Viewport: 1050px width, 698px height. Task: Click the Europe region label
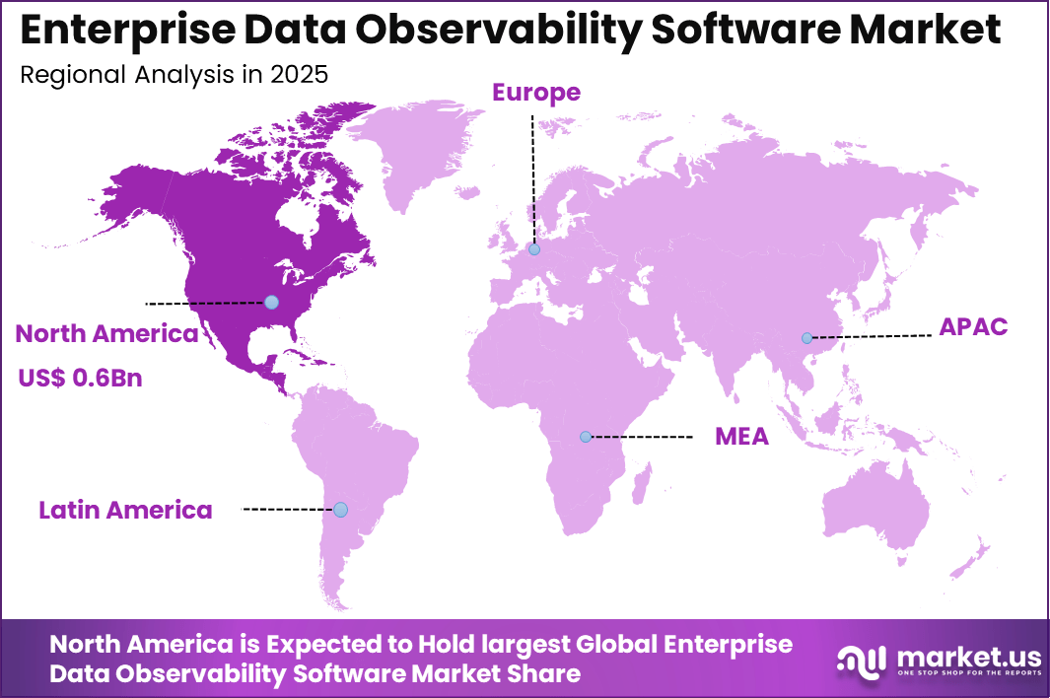pos(536,93)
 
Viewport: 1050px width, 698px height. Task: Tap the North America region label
pos(106,334)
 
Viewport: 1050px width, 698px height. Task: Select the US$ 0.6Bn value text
pos(79,378)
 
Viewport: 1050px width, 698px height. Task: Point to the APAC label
pos(972,327)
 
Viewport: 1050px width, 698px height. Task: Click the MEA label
pos(741,437)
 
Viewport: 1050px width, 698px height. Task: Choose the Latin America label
pos(125,510)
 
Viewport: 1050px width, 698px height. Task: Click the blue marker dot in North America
pos(271,302)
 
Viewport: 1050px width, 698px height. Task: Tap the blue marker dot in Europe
pos(533,249)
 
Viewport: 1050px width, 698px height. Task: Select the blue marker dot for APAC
pos(806,338)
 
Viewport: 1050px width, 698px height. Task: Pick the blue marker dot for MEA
pos(586,436)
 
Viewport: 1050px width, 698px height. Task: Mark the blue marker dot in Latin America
pos(340,510)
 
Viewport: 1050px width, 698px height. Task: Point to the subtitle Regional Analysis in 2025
pos(174,75)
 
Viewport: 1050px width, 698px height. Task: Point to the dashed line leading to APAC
pos(873,336)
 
